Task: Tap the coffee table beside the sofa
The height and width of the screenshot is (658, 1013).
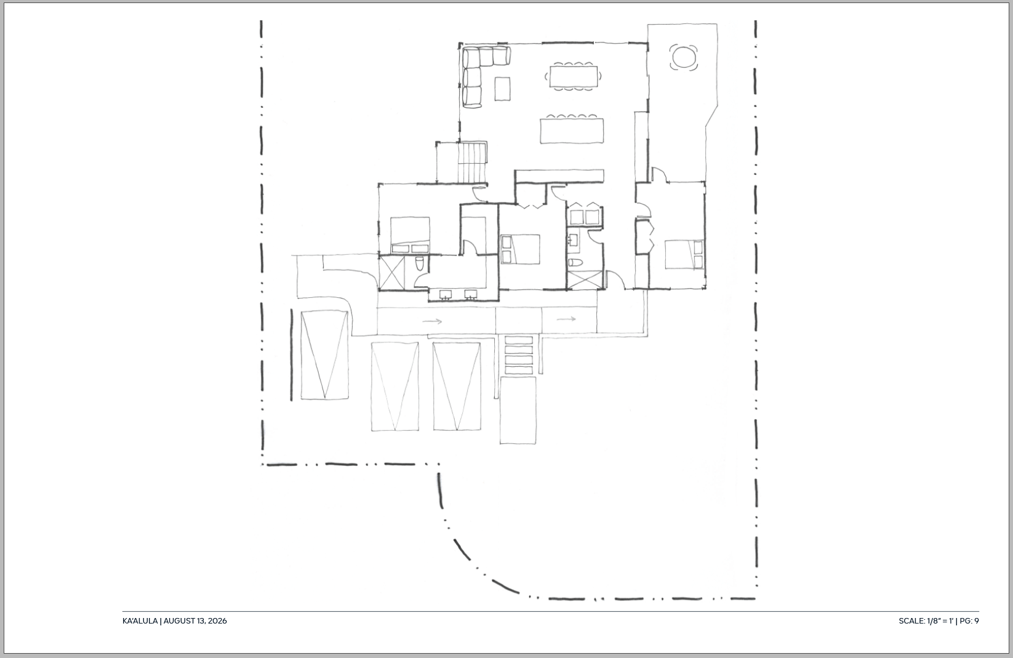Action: tap(502, 89)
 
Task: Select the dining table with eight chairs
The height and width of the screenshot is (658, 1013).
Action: tap(574, 76)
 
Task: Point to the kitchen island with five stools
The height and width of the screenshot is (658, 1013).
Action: tap(572, 129)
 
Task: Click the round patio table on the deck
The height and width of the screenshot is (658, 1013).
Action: tap(684, 57)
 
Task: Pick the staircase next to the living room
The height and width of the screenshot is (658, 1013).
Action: tap(472, 162)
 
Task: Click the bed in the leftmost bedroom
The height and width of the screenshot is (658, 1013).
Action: tap(410, 235)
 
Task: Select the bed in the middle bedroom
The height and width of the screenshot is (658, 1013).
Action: tap(520, 249)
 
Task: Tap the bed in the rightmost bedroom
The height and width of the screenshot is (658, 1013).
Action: tap(684, 255)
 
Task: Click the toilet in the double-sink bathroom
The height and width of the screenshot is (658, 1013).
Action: tap(420, 264)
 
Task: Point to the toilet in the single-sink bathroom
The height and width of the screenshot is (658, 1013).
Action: tap(575, 263)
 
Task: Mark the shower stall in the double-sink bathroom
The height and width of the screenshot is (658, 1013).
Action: tap(391, 272)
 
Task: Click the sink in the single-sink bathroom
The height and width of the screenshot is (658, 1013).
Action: tap(573, 239)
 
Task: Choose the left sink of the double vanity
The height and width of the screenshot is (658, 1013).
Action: tap(446, 295)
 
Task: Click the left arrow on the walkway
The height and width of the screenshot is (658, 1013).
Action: tap(432, 321)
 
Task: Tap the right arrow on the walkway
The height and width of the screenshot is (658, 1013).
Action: tap(566, 319)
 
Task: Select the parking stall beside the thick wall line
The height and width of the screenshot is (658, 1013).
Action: tap(325, 355)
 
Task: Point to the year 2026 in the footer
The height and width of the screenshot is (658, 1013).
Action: tap(217, 621)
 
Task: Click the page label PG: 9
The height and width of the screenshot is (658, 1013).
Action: tap(969, 621)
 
